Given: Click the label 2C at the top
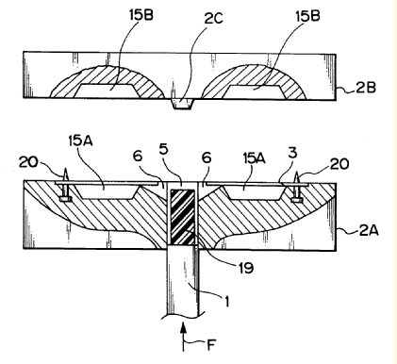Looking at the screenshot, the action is pyautogui.click(x=213, y=19).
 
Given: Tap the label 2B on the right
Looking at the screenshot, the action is pyautogui.click(x=366, y=88).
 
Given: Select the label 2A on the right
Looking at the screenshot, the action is pyautogui.click(x=369, y=231).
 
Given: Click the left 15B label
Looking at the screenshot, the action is pyautogui.click(x=141, y=15).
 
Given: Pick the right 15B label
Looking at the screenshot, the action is pyautogui.click(x=307, y=16).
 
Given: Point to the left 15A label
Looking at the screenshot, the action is pyautogui.click(x=80, y=141).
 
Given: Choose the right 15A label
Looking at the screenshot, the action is pyautogui.click(x=254, y=158).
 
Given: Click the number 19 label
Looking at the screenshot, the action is pyautogui.click(x=245, y=268).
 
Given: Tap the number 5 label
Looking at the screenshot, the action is pyautogui.click(x=164, y=149).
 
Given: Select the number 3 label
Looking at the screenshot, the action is pyautogui.click(x=292, y=154).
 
